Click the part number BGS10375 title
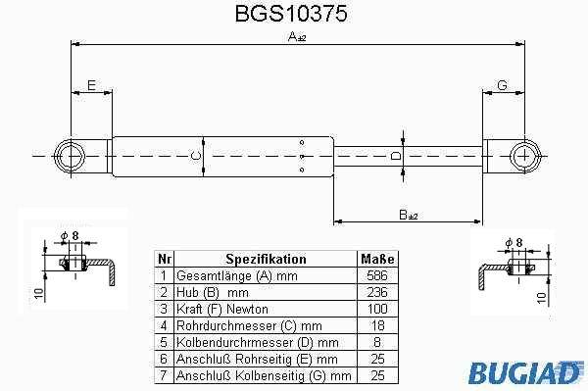click(x=291, y=13)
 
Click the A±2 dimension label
click(x=297, y=36)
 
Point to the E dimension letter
click(x=91, y=85)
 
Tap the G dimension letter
click(x=502, y=85)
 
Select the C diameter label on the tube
click(x=196, y=156)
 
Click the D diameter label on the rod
click(x=396, y=156)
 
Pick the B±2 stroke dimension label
click(x=409, y=216)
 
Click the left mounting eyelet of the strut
click(x=70, y=156)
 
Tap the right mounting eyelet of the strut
click(x=525, y=156)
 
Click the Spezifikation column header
click(x=266, y=259)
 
